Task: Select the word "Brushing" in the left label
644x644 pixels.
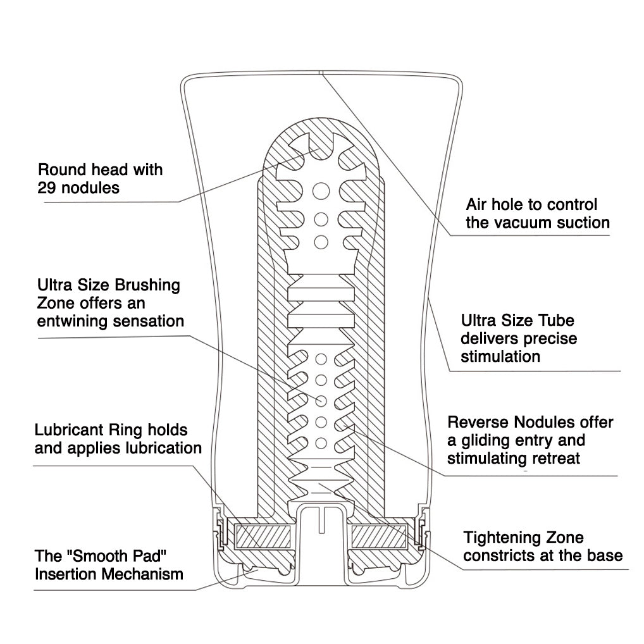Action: tap(149, 286)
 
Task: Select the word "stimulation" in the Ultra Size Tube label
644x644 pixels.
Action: tap(500, 356)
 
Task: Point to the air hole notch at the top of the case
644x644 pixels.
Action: tap(321, 73)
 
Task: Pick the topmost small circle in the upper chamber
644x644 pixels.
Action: tap(321, 189)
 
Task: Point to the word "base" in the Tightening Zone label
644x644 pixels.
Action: tap(604, 556)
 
